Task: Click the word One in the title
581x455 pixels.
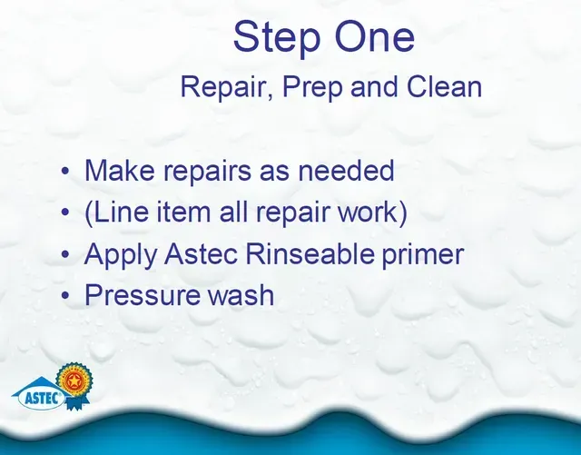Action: [374, 36]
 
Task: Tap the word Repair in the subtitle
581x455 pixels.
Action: [227, 87]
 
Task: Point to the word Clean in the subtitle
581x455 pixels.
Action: [444, 86]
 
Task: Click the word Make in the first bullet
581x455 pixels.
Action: [119, 170]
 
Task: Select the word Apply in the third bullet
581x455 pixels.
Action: [121, 255]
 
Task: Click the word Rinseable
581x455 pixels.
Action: [310, 253]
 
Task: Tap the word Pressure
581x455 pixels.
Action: [143, 295]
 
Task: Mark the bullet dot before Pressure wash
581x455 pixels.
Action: [65, 296]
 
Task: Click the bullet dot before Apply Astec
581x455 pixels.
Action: [65, 254]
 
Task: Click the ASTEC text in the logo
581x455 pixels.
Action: [43, 399]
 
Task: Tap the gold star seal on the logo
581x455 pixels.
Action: [74, 381]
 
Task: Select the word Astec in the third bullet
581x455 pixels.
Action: [201, 253]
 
